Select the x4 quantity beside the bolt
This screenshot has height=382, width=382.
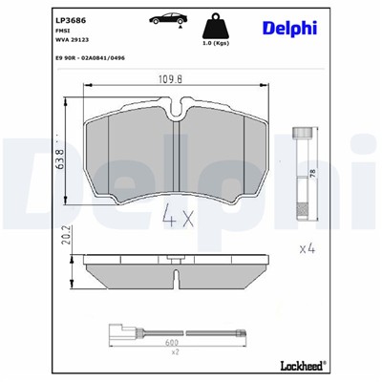point(307,249)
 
